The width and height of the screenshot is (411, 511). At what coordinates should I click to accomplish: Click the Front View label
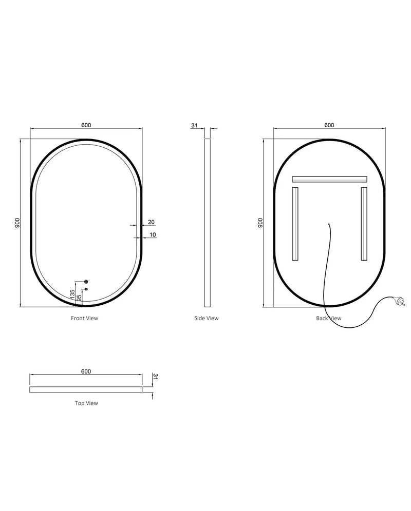tap(84, 318)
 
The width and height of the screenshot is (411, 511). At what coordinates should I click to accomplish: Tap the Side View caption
tap(206, 318)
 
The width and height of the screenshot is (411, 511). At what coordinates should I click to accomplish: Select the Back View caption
tap(329, 318)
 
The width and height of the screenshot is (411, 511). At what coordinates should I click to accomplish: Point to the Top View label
tap(86, 403)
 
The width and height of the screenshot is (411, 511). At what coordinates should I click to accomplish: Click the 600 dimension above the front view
tap(86, 125)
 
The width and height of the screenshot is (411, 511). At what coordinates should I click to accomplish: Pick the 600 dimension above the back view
tap(329, 125)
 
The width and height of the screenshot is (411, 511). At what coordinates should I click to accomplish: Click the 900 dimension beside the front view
tap(17, 223)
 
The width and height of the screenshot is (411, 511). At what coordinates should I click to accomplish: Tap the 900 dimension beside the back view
tap(260, 223)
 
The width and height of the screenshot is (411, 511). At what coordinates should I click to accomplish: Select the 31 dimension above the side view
tap(194, 125)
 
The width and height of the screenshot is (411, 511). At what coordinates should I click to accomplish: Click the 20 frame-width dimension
tap(151, 222)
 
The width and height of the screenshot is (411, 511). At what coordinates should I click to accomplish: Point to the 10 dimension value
tap(153, 234)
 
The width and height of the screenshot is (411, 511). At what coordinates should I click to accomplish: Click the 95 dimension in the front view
tap(79, 297)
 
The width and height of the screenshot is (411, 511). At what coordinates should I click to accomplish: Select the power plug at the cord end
tap(400, 300)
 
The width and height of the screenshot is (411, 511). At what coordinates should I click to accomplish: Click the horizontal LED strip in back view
tap(329, 179)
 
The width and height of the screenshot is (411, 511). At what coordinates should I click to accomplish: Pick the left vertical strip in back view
tap(295, 224)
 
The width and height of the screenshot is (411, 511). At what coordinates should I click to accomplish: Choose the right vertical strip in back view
tap(364, 224)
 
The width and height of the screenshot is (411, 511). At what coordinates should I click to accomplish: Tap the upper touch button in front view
tap(86, 282)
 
